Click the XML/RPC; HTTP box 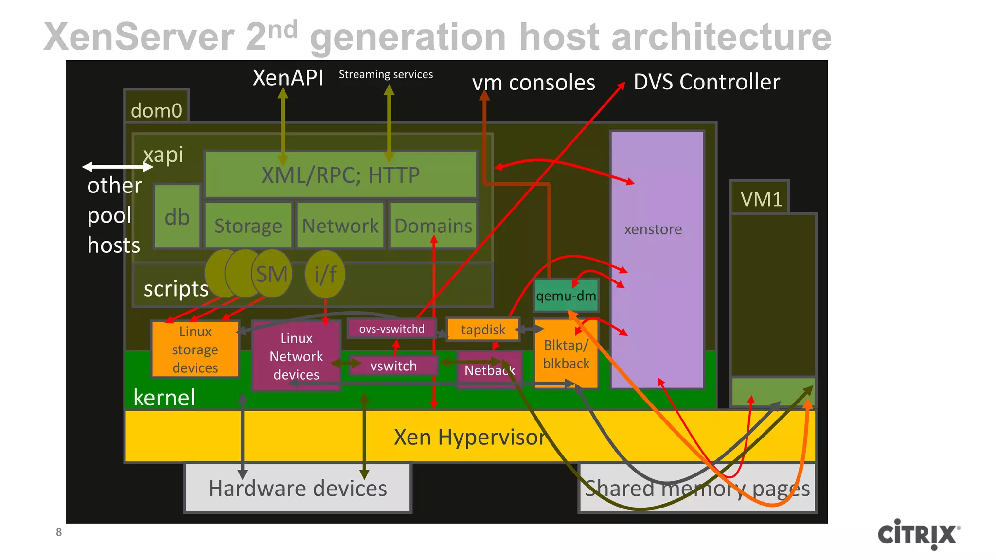(x=340, y=175)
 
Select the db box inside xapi (x=177, y=217)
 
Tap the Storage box (x=248, y=226)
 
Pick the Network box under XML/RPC (x=340, y=226)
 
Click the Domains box (x=433, y=226)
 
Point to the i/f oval (x=325, y=274)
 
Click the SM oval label (x=272, y=274)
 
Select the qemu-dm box (x=566, y=296)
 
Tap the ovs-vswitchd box (x=391, y=329)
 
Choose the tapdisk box (x=482, y=330)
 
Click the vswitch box (x=393, y=366)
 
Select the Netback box (x=489, y=370)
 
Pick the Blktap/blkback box (x=566, y=354)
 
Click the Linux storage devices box (x=195, y=349)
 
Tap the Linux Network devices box (x=296, y=356)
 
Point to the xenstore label (x=653, y=229)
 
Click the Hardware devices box (x=298, y=488)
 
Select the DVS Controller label (x=706, y=82)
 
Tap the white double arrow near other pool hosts (x=117, y=167)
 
